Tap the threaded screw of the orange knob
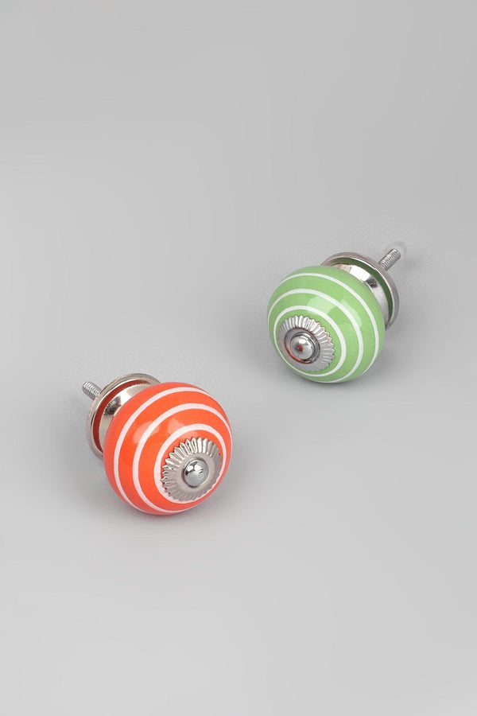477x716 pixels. pyautogui.click(x=91, y=391)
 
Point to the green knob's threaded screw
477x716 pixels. pyautogui.click(x=389, y=258)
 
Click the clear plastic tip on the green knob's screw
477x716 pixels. pyautogui.click(x=401, y=248)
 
